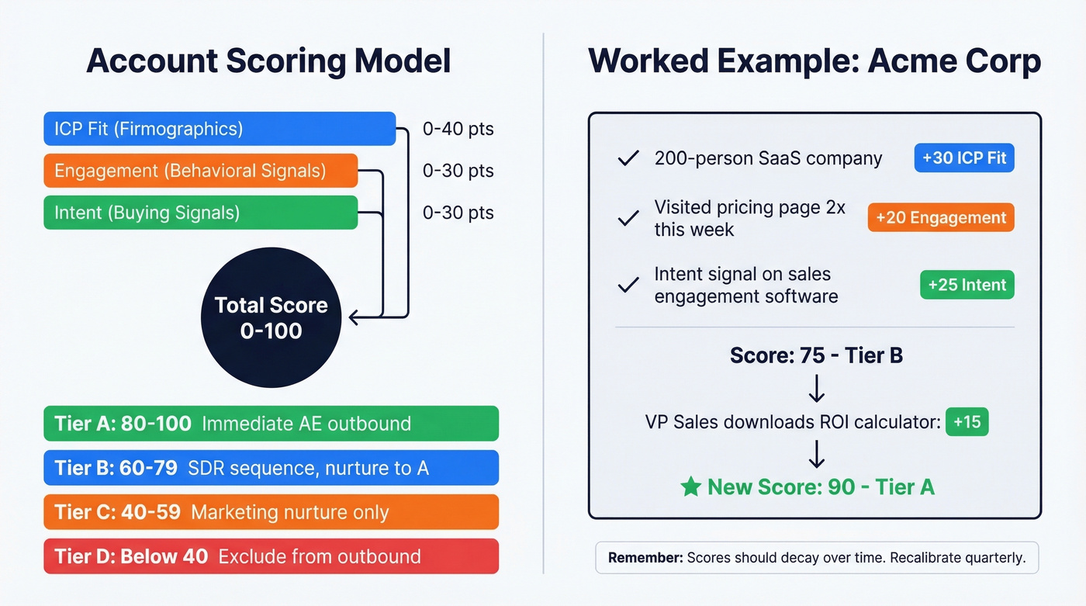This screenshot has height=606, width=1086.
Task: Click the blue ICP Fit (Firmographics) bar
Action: click(220, 129)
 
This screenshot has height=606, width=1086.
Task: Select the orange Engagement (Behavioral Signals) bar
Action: click(200, 171)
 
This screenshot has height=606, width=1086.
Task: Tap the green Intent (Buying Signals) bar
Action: click(200, 213)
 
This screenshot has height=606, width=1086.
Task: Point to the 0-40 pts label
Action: click(458, 129)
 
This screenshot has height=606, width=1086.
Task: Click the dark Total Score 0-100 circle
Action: click(271, 318)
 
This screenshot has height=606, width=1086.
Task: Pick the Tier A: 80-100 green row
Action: click(271, 424)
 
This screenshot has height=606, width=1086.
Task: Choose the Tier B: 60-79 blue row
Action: click(271, 468)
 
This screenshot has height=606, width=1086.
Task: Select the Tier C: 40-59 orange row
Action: click(271, 512)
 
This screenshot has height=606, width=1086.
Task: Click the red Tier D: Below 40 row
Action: click(271, 556)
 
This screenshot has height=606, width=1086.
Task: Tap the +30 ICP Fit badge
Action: click(964, 158)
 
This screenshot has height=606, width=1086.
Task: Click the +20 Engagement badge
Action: click(941, 218)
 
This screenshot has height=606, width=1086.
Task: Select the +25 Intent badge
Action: click(967, 285)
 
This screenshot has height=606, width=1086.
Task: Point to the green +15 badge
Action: click(967, 422)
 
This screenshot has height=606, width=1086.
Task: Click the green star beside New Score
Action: click(690, 487)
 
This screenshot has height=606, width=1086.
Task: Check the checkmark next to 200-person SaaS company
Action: click(628, 159)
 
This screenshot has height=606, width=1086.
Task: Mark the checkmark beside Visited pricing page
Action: click(628, 219)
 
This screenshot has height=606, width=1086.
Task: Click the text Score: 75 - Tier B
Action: click(816, 355)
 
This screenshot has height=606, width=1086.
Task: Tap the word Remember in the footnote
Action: click(644, 557)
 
